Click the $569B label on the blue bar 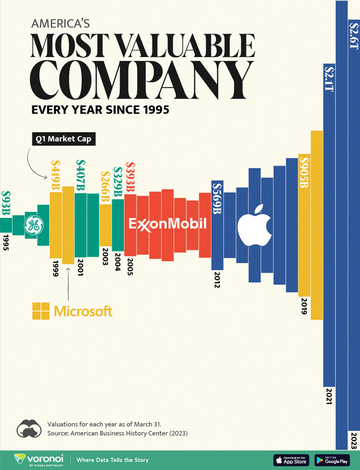tap(217, 199)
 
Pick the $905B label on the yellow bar tap(304, 173)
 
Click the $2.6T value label tap(353, 35)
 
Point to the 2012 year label tap(217, 280)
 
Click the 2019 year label tap(304, 306)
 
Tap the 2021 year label tap(329, 397)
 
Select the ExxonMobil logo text tap(169, 224)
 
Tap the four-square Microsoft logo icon tap(41, 311)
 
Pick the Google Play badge tap(332, 460)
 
